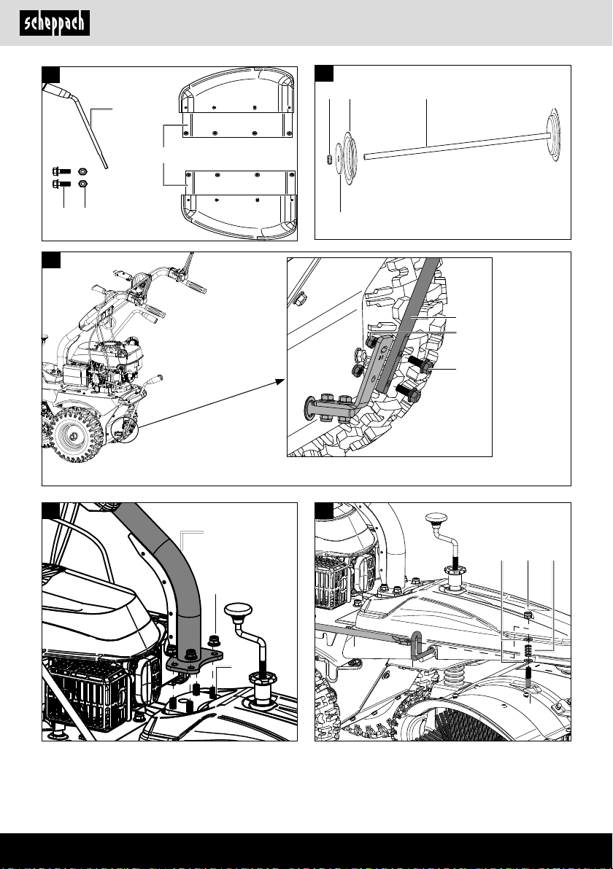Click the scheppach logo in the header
pos(54,23)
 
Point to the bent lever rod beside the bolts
pos(96,131)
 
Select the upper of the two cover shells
pos(237,109)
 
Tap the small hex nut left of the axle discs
pos(330,158)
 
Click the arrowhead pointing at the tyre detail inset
pos(281,381)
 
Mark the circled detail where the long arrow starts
pos(128,429)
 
